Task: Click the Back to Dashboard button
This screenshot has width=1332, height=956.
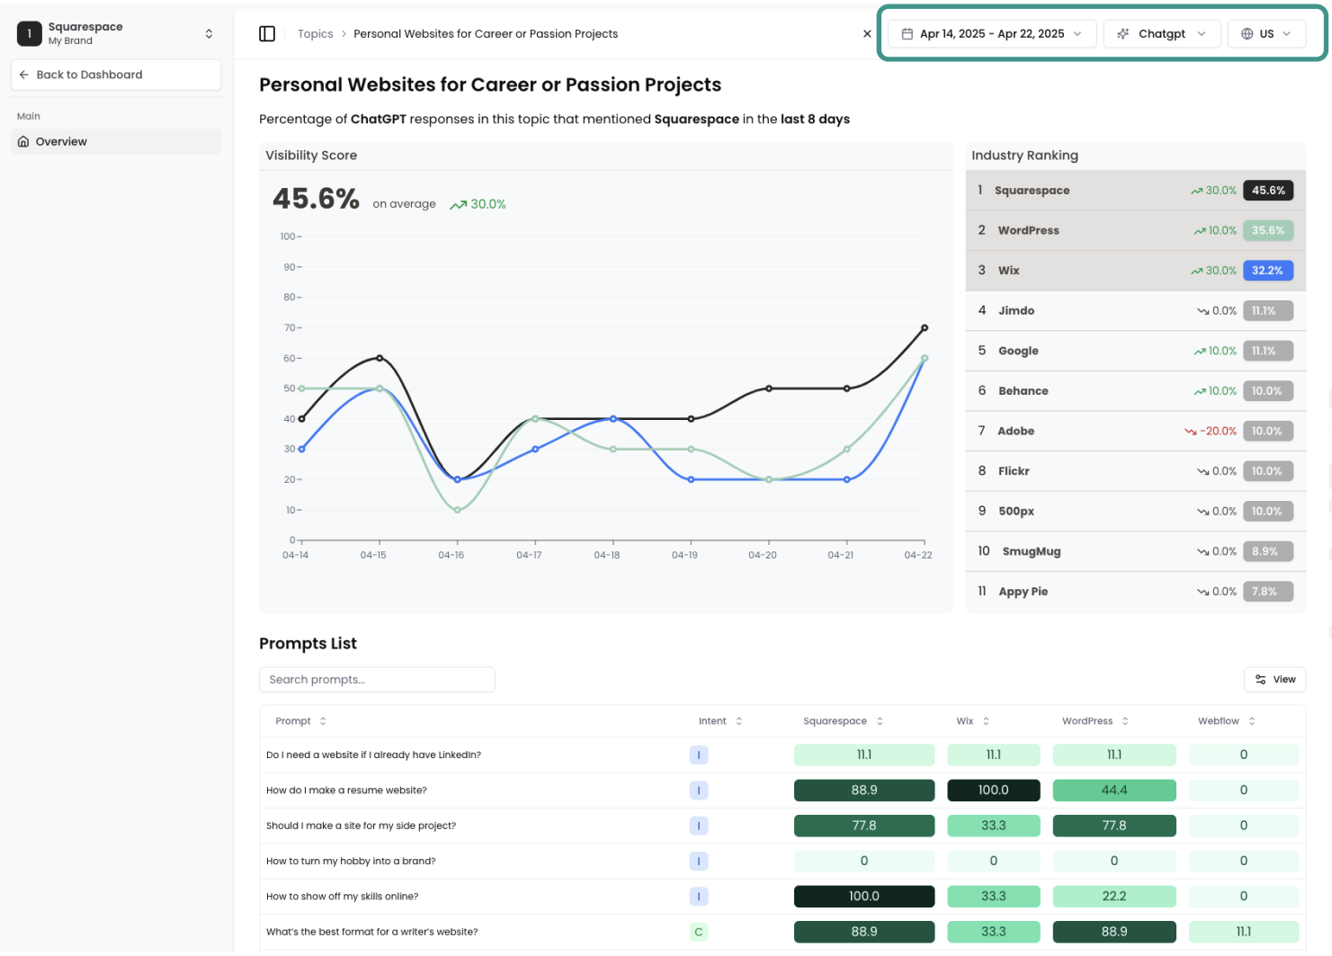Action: pyautogui.click(x=115, y=75)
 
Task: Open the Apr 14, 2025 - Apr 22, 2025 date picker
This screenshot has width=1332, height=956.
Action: pyautogui.click(x=991, y=34)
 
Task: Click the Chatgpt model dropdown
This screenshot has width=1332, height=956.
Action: pyautogui.click(x=1161, y=34)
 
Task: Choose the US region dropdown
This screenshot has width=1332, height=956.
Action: pyautogui.click(x=1265, y=34)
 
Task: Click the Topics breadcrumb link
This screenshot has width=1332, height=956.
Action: pyautogui.click(x=315, y=34)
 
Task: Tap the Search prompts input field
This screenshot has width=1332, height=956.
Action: pyautogui.click(x=377, y=680)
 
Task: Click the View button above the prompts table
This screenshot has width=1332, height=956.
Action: pyautogui.click(x=1274, y=680)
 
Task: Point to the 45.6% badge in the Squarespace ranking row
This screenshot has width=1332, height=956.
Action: pyautogui.click(x=1267, y=191)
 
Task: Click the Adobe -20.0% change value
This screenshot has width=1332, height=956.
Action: pyautogui.click(x=1217, y=432)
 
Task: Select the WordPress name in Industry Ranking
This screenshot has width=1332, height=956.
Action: pyautogui.click(x=1028, y=231)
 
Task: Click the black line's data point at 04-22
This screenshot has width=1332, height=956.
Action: pyautogui.click(x=925, y=328)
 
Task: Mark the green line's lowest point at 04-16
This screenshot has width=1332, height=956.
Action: pyautogui.click(x=458, y=510)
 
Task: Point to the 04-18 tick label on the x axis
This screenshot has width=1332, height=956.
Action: pyautogui.click(x=607, y=556)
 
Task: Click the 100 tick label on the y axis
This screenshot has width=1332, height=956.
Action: pyautogui.click(x=288, y=237)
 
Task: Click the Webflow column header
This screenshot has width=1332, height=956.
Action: pyautogui.click(x=1218, y=721)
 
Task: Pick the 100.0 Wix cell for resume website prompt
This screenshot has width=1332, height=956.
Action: pyautogui.click(x=993, y=791)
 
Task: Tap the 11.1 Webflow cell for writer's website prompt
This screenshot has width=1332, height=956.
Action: pyautogui.click(x=1243, y=932)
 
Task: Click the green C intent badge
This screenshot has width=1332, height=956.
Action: pyautogui.click(x=699, y=932)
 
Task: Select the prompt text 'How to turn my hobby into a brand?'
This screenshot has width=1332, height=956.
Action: pyautogui.click(x=351, y=862)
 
